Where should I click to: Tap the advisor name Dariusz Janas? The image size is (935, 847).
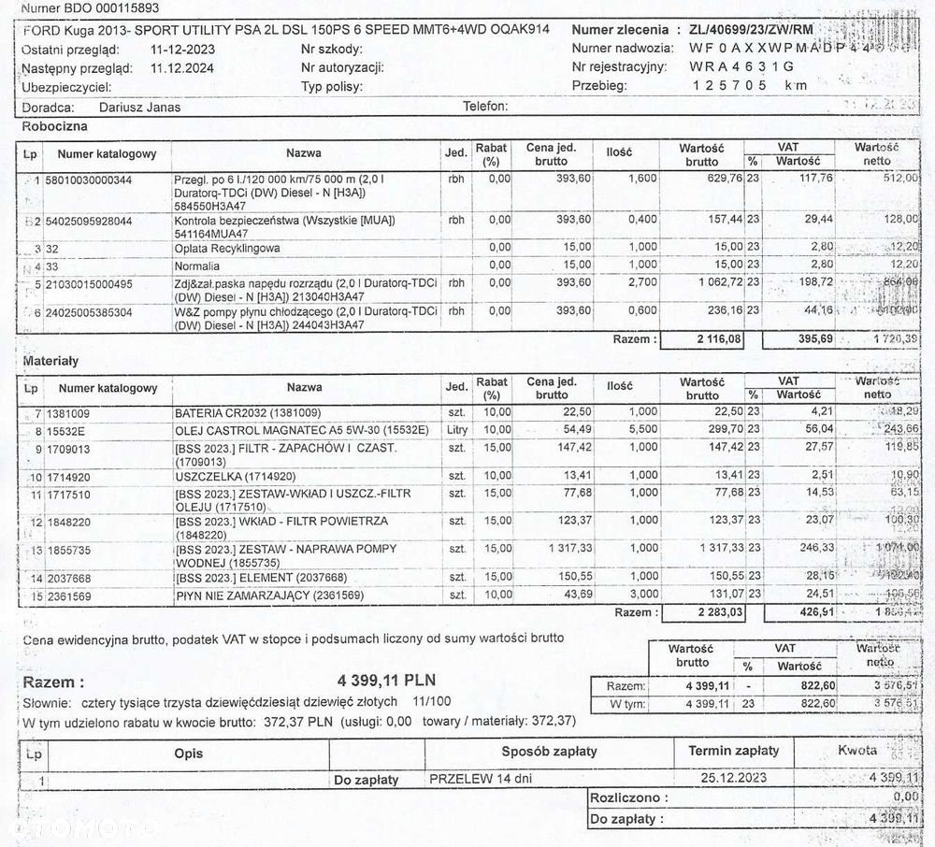(x=139, y=107)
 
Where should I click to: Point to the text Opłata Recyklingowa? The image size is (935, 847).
(x=227, y=249)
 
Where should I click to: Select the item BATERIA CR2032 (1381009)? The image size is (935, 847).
(x=248, y=412)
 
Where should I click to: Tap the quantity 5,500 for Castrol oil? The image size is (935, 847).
(x=642, y=430)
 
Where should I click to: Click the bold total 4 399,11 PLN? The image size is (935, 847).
(x=386, y=680)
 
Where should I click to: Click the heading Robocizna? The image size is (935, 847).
(x=54, y=124)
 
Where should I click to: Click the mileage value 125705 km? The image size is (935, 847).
(x=748, y=85)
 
